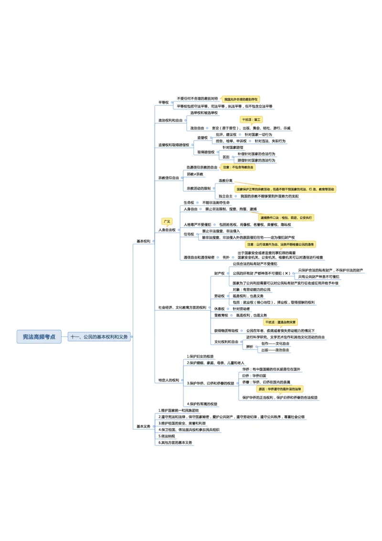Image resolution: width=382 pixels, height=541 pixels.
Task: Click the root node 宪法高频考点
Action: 39,337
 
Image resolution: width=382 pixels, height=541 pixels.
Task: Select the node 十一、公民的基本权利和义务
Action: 99,337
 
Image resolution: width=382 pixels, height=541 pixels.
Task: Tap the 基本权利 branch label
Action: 143,241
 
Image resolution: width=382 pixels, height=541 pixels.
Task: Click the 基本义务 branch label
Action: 143,426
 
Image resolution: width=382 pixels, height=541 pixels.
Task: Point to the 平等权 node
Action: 164,102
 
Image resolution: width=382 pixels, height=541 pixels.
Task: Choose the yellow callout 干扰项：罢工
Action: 251,119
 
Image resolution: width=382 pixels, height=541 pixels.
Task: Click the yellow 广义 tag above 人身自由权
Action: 167,221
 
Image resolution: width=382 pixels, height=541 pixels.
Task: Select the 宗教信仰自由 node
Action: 169,178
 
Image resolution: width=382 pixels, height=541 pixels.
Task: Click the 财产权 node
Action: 219,273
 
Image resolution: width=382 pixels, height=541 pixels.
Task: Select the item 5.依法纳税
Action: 167,436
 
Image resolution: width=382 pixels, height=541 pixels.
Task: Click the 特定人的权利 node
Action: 169,380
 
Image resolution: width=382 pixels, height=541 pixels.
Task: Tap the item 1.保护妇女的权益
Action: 200,356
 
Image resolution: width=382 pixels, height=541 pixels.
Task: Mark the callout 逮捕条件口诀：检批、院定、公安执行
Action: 286,217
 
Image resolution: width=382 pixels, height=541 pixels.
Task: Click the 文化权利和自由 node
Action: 226,342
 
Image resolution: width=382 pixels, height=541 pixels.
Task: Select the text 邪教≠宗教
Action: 195,174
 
